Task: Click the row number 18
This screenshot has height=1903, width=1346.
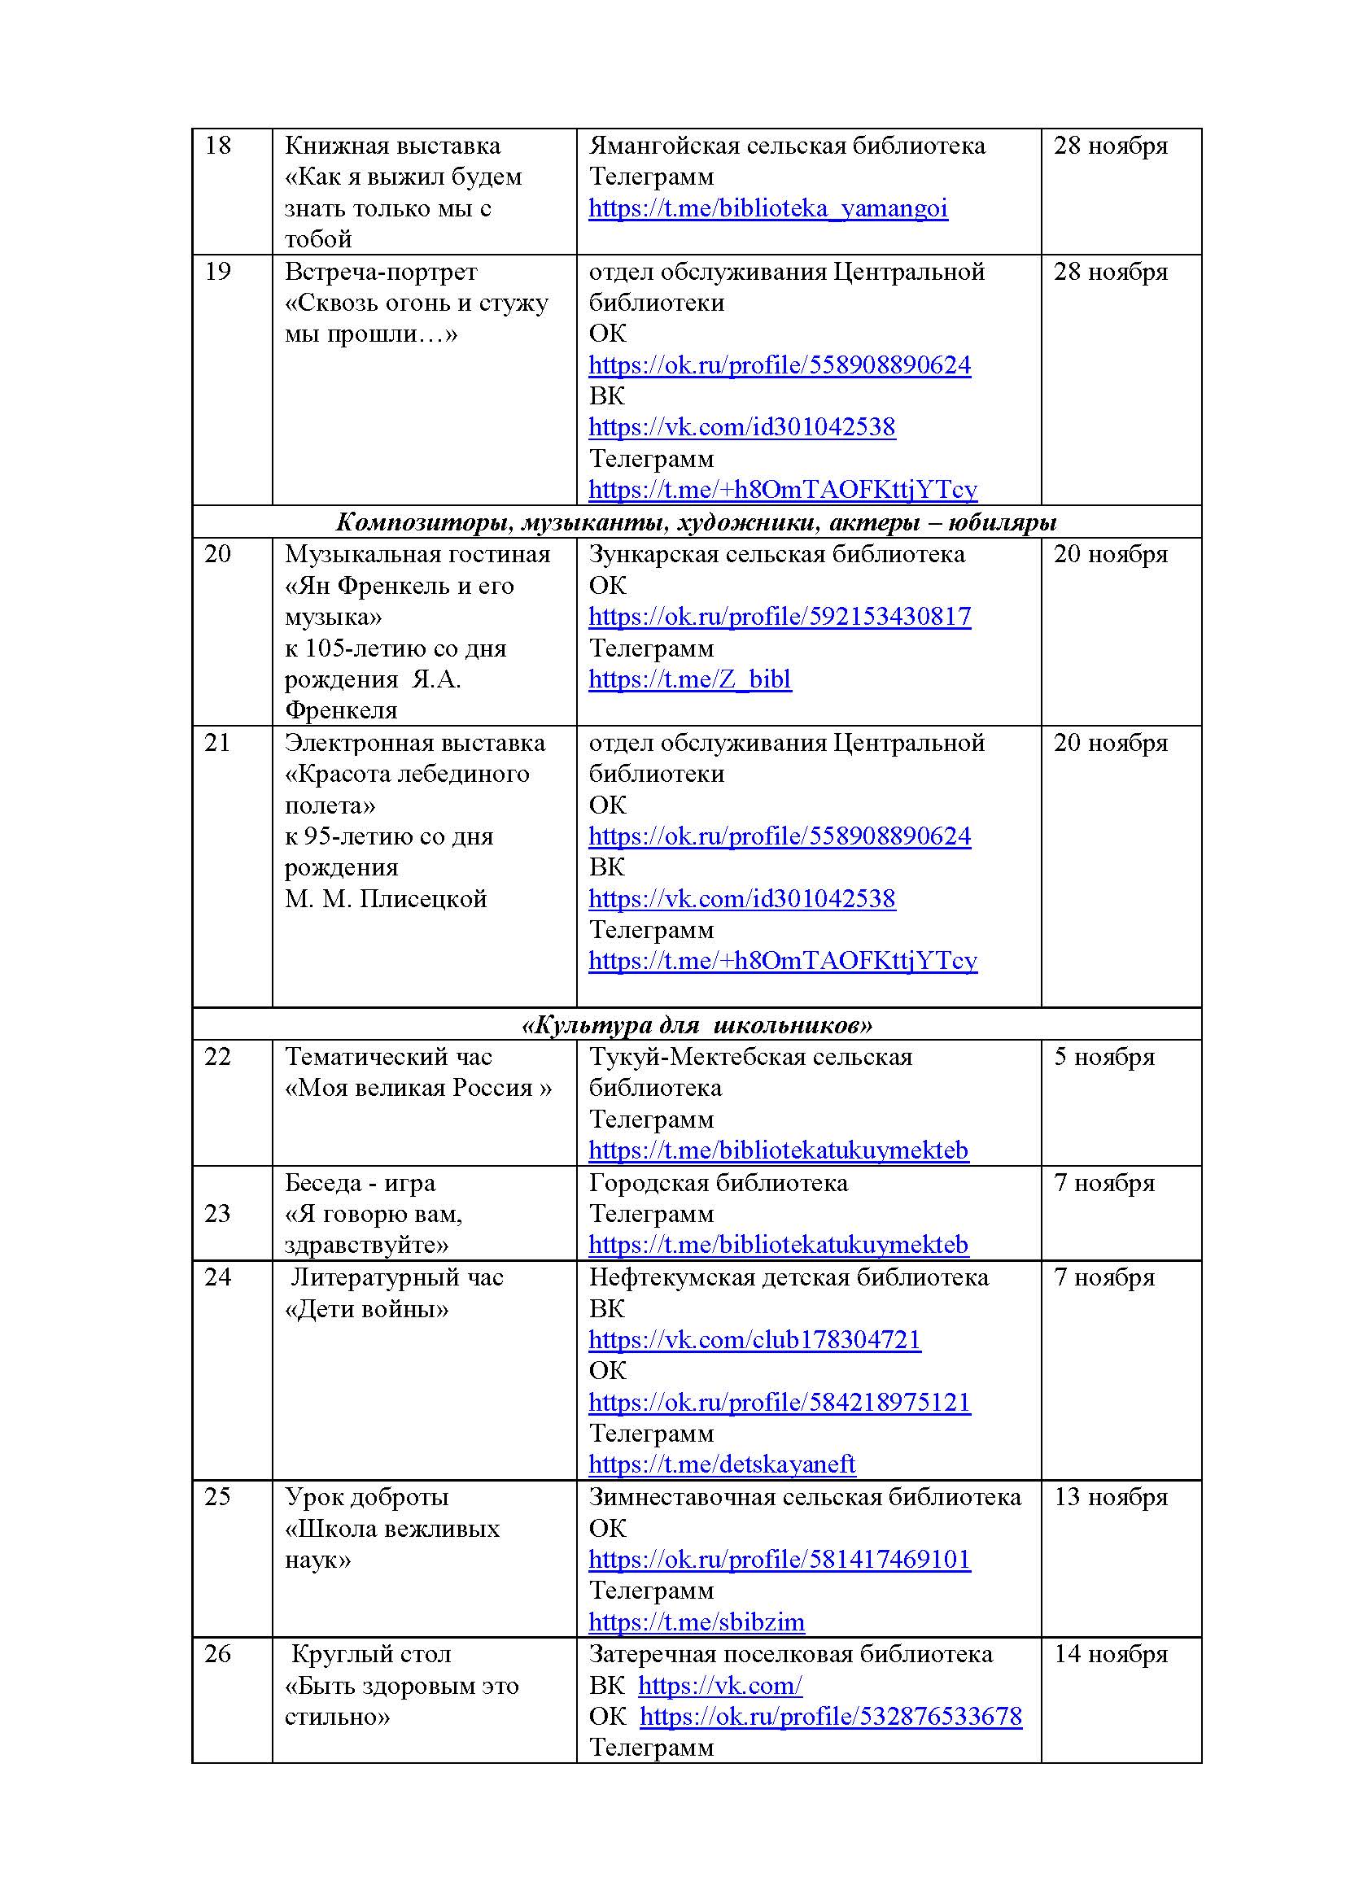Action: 217,146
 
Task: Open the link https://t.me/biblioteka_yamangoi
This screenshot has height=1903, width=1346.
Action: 767,208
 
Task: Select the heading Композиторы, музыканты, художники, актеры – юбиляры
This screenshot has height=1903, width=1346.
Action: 697,522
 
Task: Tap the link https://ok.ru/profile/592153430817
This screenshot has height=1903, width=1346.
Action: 779,617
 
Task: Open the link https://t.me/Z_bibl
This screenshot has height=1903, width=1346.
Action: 689,679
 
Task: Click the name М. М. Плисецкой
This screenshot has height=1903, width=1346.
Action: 386,899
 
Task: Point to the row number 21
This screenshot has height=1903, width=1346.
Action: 217,743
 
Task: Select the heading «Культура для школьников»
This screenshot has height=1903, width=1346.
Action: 697,1026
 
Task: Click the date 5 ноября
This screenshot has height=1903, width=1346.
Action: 1103,1058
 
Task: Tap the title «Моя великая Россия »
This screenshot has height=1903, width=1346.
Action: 417,1089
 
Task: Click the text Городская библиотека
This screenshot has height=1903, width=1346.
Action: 718,1183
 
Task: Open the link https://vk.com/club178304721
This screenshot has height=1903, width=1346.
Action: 754,1340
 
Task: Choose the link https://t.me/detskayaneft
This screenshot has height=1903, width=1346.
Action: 721,1464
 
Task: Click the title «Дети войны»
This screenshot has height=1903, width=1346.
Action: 366,1310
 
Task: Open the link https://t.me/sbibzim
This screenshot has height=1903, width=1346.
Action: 697,1622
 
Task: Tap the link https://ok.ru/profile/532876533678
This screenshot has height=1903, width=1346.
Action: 831,1717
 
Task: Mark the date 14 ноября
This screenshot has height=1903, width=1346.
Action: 1110,1654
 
